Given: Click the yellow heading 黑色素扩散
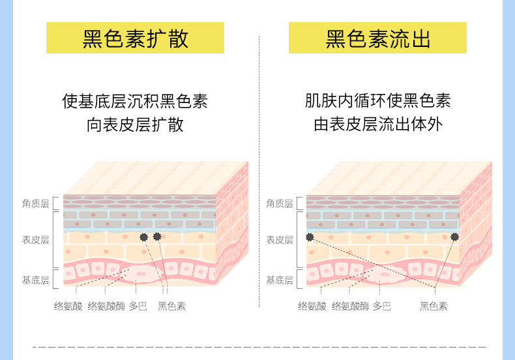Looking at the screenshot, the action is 135,38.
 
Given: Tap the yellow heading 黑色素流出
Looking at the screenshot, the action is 378,38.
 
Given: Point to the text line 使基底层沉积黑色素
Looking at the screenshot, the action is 135,101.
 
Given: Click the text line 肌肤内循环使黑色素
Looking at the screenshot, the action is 378,101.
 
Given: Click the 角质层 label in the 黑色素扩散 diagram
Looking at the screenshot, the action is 36,203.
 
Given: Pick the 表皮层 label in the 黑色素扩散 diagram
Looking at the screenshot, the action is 36,239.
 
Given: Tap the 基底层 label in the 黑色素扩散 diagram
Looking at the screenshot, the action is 36,280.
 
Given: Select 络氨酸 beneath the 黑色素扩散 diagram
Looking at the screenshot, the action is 68,305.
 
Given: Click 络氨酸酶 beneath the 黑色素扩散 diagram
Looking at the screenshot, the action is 106,305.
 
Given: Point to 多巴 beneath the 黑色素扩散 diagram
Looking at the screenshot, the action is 138,305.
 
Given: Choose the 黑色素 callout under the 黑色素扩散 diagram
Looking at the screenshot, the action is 171,305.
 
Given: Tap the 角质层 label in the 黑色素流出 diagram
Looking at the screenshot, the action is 280,203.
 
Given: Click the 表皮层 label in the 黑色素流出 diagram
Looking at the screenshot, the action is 280,239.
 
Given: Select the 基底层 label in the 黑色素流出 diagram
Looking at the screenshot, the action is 280,280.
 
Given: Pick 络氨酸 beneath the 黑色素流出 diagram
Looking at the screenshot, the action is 312,305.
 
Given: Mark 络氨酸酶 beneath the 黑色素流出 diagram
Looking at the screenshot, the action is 350,305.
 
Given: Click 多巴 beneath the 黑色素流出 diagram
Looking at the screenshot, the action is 381,305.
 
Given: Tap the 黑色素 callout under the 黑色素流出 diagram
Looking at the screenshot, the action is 434,305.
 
